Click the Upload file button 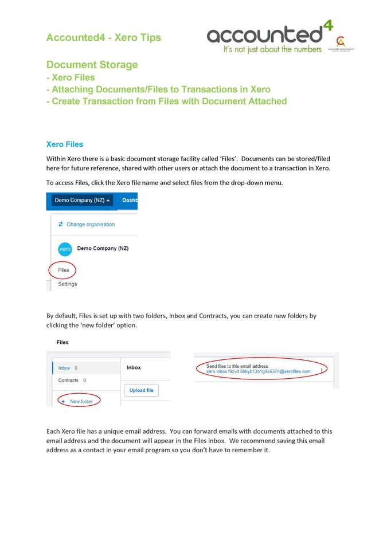[x=141, y=390]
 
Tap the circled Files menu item [x=63, y=270]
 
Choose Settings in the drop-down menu [x=67, y=284]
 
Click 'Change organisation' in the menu [x=90, y=224]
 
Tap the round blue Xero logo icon [x=65, y=249]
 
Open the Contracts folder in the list [x=68, y=380]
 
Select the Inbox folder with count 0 [x=64, y=368]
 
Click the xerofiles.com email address [x=258, y=371]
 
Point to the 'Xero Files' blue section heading [x=65, y=144]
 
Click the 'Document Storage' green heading [x=92, y=65]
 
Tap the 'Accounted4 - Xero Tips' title [x=103, y=38]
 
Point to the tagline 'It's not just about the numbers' [x=272, y=50]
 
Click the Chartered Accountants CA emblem [x=341, y=43]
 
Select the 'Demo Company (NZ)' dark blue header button [x=80, y=200]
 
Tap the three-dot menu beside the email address [x=321, y=370]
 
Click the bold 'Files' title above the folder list [x=62, y=342]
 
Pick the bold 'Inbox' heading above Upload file [x=134, y=367]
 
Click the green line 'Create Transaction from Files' [x=166, y=101]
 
